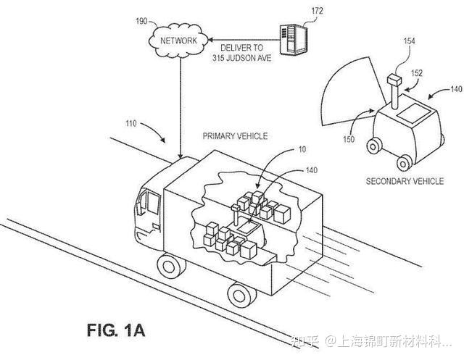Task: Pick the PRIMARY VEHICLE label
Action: pos(235,135)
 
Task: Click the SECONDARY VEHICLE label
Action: pos(404,180)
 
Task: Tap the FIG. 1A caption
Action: pos(116,330)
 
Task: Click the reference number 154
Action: pos(409,43)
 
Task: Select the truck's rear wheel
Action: pos(239,293)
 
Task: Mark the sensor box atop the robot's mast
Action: pos(394,79)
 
